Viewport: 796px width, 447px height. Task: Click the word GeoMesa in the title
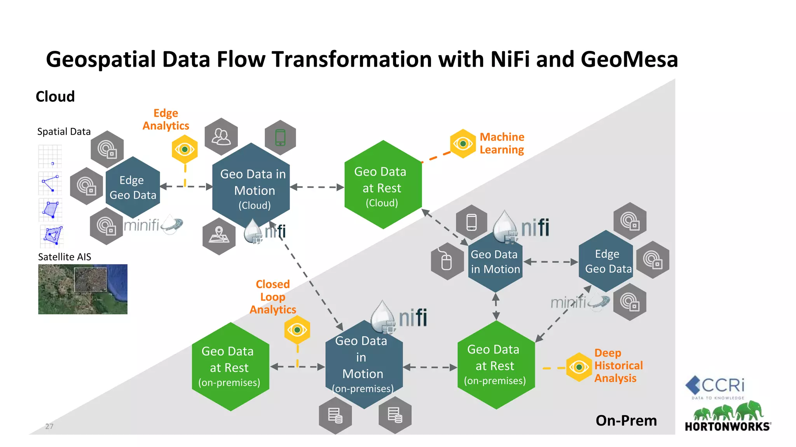(x=629, y=60)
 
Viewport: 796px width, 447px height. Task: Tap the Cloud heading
(x=55, y=97)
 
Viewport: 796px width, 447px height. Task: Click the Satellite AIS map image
(x=82, y=289)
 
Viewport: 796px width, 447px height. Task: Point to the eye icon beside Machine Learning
(x=463, y=144)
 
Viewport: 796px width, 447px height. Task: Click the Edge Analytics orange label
(x=166, y=120)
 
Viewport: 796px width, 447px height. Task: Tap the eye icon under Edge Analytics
(x=185, y=149)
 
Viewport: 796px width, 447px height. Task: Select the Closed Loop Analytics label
(x=272, y=297)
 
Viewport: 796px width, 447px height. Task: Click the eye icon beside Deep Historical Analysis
(x=579, y=367)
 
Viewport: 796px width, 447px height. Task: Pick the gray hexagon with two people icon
(x=221, y=137)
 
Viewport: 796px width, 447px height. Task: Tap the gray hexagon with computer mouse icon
(x=447, y=262)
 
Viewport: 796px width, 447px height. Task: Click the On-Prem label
(x=626, y=421)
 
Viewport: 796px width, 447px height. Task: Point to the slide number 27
(x=49, y=426)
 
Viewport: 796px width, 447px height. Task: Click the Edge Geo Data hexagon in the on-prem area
(x=606, y=261)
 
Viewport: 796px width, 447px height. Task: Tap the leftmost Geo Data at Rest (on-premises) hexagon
(x=230, y=367)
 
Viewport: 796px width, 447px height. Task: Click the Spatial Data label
(x=64, y=132)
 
